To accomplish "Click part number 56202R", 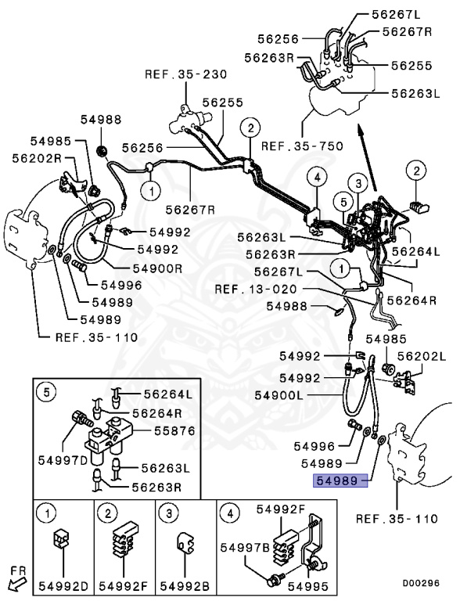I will (x=37, y=157).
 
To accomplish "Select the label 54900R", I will (x=157, y=268).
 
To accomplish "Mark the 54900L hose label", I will (x=279, y=396).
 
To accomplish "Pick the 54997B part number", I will (x=244, y=548).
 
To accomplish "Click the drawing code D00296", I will (x=420, y=582).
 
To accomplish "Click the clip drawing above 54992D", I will (x=61, y=540).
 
